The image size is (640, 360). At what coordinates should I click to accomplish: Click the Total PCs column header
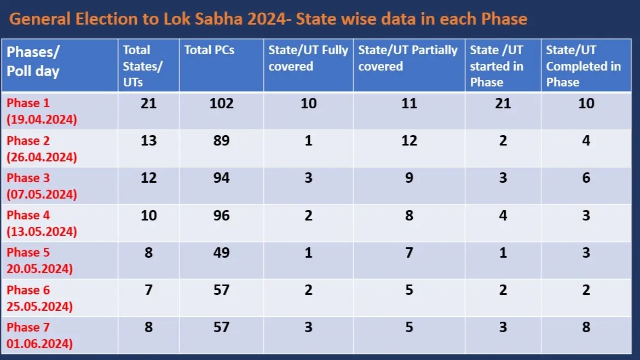[209, 50]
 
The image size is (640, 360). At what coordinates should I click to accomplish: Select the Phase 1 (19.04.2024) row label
[42, 112]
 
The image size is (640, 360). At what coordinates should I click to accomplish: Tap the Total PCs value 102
[221, 103]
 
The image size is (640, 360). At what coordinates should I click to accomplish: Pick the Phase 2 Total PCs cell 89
[221, 141]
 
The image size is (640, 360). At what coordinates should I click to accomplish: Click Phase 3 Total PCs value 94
[221, 178]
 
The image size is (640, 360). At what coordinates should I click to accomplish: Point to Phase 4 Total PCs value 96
[221, 215]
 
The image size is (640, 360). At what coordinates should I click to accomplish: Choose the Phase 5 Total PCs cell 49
[221, 252]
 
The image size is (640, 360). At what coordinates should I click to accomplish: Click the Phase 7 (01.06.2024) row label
[39, 335]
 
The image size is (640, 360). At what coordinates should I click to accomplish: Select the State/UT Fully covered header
[308, 58]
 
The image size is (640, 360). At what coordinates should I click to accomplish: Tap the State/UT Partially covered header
[407, 58]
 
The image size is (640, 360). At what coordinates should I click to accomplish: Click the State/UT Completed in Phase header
[583, 66]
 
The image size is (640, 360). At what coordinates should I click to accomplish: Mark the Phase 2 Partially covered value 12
[409, 141]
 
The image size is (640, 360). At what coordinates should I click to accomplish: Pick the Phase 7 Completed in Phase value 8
[586, 327]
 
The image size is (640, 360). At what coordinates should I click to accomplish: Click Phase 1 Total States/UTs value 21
[148, 103]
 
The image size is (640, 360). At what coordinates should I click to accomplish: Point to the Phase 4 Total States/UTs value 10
[148, 215]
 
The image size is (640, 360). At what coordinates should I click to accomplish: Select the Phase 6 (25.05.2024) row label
[39, 298]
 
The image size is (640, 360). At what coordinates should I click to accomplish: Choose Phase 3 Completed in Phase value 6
[586, 178]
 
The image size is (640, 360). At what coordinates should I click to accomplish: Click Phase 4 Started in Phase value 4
[503, 215]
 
